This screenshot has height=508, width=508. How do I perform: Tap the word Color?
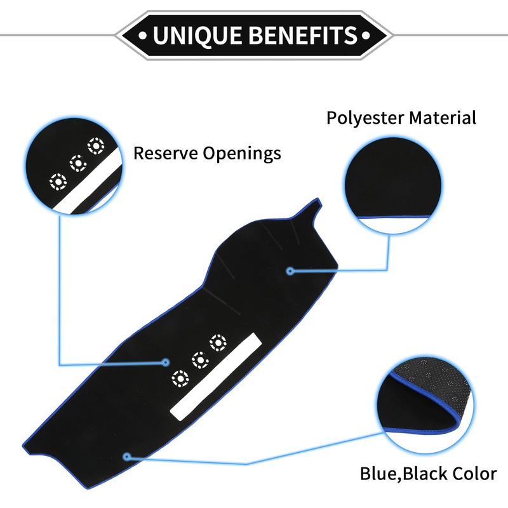tap(472, 473)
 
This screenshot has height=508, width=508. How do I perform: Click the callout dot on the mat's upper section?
tap(290, 271)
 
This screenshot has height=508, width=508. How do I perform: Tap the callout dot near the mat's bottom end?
tap(128, 456)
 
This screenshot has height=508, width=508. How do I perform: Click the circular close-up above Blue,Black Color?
tap(426, 407)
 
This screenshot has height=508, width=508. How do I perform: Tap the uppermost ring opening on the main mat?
tap(217, 343)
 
